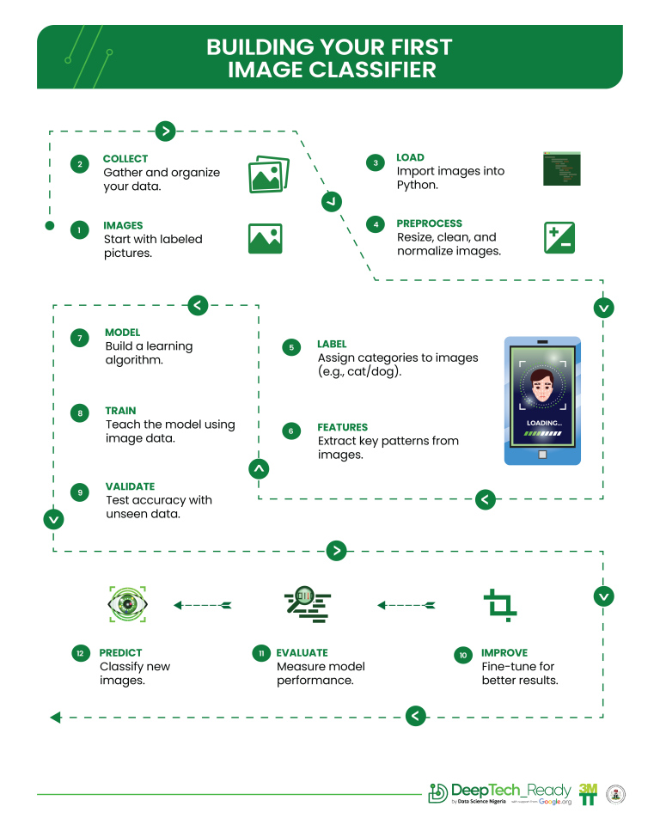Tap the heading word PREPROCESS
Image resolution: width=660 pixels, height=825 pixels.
coord(429,223)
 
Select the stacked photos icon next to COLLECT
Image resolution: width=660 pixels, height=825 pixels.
coord(268,174)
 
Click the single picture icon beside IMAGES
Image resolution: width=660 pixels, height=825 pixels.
coord(265,238)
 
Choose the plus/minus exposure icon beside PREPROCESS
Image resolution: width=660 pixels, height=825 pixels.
coord(559,237)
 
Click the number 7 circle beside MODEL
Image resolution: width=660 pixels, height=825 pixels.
coord(80,339)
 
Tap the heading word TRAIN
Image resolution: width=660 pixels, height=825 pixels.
coord(120,411)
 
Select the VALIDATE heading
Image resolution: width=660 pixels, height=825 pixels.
coord(130,486)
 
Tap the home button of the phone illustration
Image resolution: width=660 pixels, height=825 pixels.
coord(542,455)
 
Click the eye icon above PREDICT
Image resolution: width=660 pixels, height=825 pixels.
coord(126,604)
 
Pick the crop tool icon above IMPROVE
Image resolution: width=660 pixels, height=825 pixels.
coord(498,605)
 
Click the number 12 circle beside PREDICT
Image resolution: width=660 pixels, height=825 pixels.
coord(80,654)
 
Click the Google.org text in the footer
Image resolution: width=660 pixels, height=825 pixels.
coord(555,801)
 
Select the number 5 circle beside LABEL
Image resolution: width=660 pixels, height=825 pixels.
coord(292,348)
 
